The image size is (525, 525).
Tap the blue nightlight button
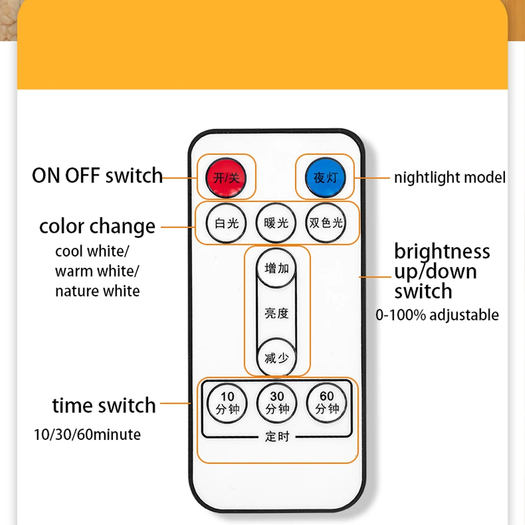324,177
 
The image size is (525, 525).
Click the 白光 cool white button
226,223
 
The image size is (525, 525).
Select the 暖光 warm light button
276,223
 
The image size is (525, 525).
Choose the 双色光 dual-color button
326,223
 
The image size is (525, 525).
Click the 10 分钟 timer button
227,403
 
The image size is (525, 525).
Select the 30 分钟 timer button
277,403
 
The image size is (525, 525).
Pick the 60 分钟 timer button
327,403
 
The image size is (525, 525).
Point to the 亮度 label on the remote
277,313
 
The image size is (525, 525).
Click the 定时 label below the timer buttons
277,436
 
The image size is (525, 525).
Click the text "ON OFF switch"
97,176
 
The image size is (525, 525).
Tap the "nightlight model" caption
450,177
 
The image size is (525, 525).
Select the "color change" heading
97,227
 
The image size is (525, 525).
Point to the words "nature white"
97,291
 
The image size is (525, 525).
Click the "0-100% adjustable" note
437,315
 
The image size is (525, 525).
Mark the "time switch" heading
104,405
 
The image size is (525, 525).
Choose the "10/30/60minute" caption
87,435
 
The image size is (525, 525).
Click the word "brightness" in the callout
442,251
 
